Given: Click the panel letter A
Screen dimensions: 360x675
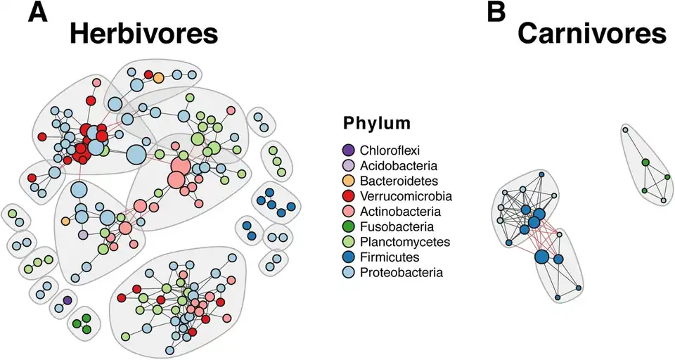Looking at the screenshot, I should tap(38, 13).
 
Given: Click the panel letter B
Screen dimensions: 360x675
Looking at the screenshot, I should tap(496, 13).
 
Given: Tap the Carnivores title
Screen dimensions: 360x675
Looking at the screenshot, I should tap(592, 34).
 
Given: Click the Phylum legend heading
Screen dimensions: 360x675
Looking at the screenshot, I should tap(377, 124).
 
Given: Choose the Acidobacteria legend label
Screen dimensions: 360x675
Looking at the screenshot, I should tap(399, 165).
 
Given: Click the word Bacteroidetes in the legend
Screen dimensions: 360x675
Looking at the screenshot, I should tap(399, 181).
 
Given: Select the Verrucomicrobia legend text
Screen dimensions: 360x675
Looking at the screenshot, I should tap(406, 196).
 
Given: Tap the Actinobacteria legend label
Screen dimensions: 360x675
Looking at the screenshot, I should tap(400, 211).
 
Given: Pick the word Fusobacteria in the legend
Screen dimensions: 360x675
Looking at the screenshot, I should tap(397, 226).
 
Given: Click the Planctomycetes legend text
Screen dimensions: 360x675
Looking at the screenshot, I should tap(404, 242).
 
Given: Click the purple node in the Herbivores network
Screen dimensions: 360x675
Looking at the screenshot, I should tap(67, 300).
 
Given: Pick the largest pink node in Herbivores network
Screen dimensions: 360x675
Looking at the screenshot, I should tap(179, 167).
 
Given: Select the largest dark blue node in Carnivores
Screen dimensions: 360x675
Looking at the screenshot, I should tap(541, 257).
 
